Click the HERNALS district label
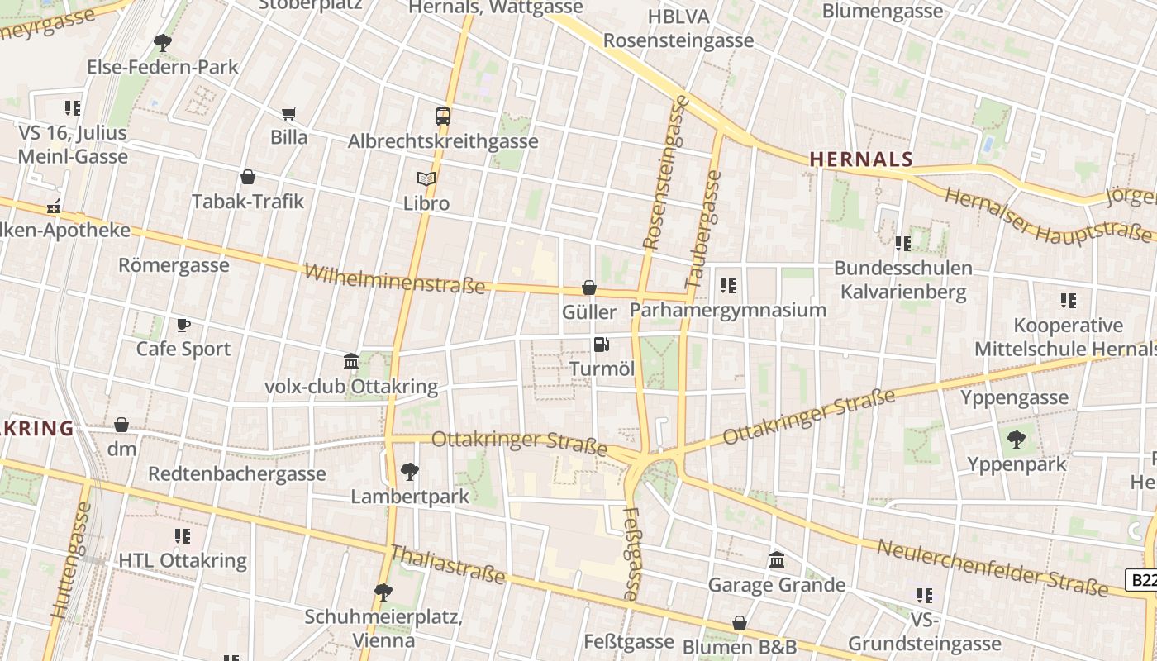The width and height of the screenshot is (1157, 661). pyautogui.click(x=860, y=159)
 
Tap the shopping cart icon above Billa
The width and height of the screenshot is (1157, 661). pyautogui.click(x=288, y=113)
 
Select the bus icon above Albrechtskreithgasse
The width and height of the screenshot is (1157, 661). pyautogui.click(x=443, y=117)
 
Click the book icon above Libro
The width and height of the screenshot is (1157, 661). pyautogui.click(x=426, y=178)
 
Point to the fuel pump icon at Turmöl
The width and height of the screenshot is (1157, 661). pyautogui.click(x=602, y=344)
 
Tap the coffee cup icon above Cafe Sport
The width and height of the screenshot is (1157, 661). pyautogui.click(x=183, y=325)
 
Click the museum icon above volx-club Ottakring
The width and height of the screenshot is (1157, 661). pyautogui.click(x=351, y=361)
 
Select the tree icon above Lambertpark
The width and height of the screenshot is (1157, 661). pyautogui.click(x=409, y=472)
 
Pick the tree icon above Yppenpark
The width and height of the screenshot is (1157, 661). pyautogui.click(x=1017, y=440)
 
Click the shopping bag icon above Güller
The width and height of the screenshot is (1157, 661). pyautogui.click(x=589, y=288)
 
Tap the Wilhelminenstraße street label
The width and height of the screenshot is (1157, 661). pyautogui.click(x=394, y=279)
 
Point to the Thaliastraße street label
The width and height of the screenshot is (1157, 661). pyautogui.click(x=446, y=564)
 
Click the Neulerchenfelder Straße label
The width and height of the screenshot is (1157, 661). pyautogui.click(x=992, y=568)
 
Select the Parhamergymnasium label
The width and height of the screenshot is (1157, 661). pyautogui.click(x=728, y=310)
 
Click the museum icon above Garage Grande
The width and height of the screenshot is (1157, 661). pyautogui.click(x=777, y=560)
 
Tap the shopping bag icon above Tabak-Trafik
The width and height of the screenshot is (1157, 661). pyautogui.click(x=247, y=177)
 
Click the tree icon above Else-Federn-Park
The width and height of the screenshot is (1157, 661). pyautogui.click(x=163, y=42)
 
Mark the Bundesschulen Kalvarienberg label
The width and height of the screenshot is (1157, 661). pyautogui.click(x=902, y=280)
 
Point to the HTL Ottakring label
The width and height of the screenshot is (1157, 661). pyautogui.click(x=183, y=560)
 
